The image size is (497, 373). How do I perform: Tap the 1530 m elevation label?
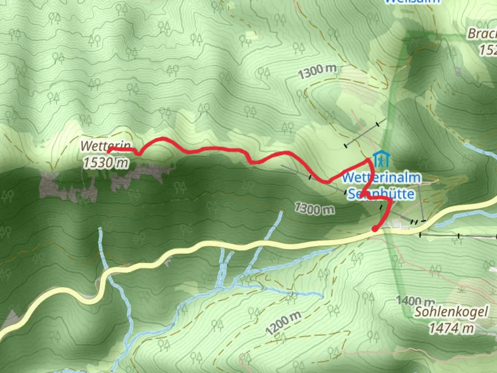[x=105, y=162]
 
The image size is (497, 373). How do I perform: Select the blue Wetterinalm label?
[x=382, y=178]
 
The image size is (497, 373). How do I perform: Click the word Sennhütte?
[x=381, y=194]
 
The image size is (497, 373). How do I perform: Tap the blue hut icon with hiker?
[x=381, y=159]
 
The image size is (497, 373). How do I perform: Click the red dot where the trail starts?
[x=374, y=229]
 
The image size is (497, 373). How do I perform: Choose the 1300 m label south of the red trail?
[x=314, y=209]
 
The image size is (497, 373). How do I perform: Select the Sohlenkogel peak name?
[x=451, y=312]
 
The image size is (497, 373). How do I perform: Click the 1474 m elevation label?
[x=451, y=328]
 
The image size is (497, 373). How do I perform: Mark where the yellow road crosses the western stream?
[x=106, y=273]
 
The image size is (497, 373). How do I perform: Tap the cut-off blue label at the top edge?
[x=412, y=2]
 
